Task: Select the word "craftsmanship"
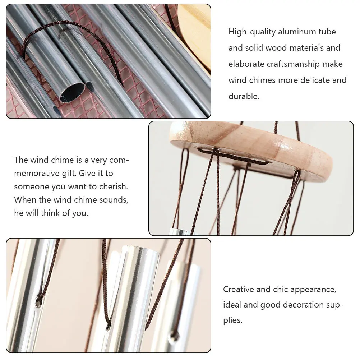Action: click(x=293, y=64)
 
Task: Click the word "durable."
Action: click(x=244, y=97)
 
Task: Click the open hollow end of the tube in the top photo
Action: click(x=72, y=92)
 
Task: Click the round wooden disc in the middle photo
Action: click(x=251, y=147)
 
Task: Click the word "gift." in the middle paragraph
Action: click(x=78, y=174)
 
